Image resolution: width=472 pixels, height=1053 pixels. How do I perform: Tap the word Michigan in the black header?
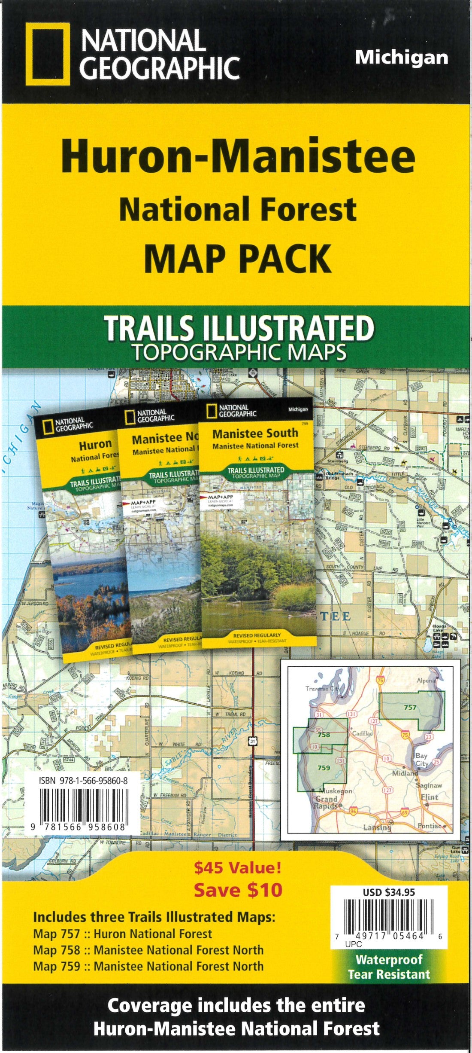point(401,58)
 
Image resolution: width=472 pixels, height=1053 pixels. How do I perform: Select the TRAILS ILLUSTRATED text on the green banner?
point(239,329)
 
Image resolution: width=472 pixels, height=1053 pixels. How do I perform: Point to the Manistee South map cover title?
point(255,433)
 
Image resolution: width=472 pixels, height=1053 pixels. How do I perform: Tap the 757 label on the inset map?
point(410,707)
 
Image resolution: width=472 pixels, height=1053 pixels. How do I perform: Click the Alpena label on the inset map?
point(427,681)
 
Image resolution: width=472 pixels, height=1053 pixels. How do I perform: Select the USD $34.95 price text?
point(390,892)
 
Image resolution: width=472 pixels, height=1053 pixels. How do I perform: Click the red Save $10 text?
point(238,890)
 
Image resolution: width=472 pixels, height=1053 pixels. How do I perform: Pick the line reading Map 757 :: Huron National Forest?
point(123,934)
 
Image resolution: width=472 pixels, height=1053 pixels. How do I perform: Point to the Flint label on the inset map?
point(429,797)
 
